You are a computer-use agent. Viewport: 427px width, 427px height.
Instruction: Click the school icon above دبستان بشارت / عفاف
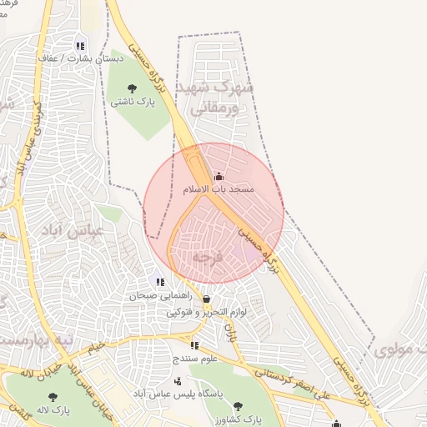[80, 47]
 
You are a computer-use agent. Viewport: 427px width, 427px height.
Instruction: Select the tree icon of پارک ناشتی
[132, 88]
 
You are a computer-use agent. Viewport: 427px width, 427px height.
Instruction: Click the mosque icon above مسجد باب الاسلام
[219, 176]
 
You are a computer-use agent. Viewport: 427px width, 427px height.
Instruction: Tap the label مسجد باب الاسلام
[219, 189]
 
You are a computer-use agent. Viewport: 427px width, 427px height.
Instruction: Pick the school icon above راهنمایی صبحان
[160, 282]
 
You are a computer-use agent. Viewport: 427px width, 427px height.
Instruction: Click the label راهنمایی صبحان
[160, 295]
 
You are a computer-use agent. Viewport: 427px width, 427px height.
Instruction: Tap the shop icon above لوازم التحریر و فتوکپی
[206, 299]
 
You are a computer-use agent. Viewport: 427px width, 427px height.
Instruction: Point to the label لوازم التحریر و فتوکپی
[207, 313]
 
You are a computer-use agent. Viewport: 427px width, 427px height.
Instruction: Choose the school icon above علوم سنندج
[194, 345]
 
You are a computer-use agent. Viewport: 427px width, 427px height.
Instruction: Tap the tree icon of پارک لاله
[53, 398]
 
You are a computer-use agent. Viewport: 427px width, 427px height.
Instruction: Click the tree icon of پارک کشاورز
[238, 406]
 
